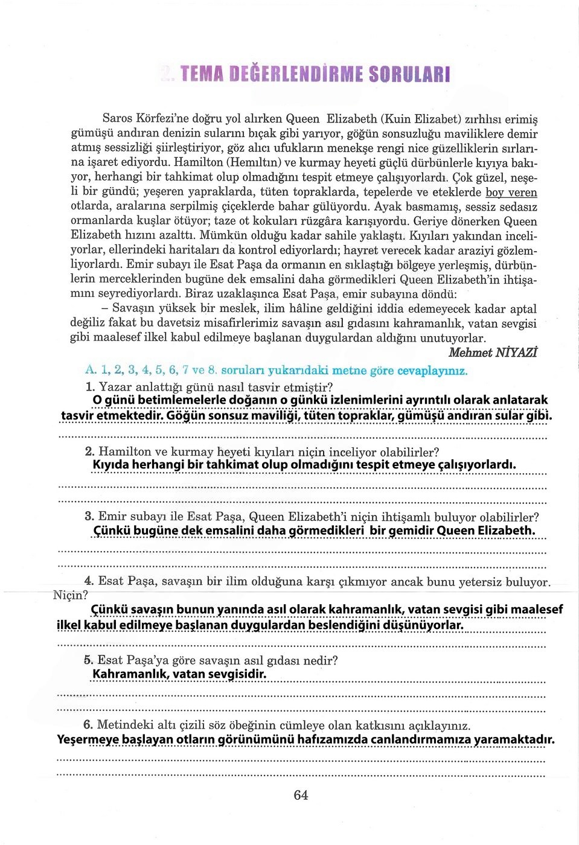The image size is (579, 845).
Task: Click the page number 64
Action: tap(301, 796)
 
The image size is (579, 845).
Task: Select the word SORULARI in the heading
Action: tap(409, 74)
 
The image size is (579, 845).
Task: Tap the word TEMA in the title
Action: tap(202, 74)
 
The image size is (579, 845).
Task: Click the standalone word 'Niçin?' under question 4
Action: tap(71, 596)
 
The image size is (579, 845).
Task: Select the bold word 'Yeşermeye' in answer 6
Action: tap(88, 740)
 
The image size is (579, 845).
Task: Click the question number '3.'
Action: tap(89, 517)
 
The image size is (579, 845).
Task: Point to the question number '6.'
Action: tap(88, 724)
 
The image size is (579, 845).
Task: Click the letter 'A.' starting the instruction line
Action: tap(91, 369)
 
